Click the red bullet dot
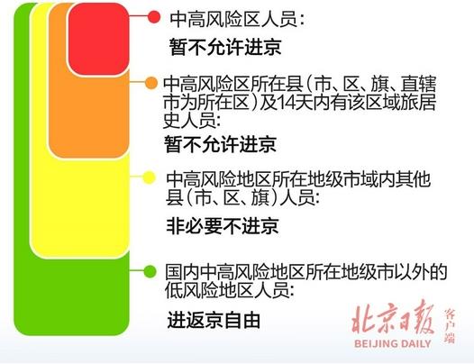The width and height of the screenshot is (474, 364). pos(153,17)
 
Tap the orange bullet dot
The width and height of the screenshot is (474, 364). pos(152,83)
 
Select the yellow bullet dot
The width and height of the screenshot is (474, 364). pos(151,176)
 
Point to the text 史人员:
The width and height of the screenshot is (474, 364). pos(195,120)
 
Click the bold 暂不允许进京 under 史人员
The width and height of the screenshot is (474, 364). pos(220,144)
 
